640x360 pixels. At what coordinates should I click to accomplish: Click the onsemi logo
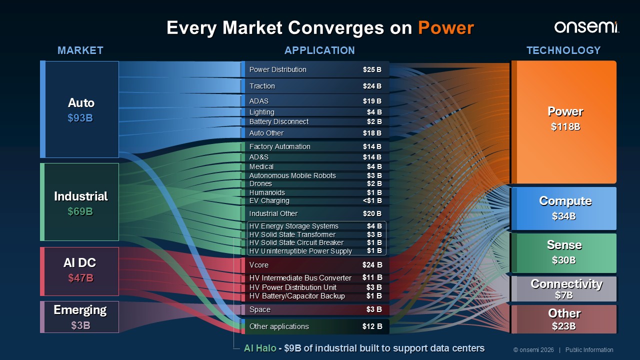586,27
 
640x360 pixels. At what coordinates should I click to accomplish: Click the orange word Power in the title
446,28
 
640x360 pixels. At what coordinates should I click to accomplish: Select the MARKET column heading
80,50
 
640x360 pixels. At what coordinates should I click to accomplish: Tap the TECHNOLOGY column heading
563,50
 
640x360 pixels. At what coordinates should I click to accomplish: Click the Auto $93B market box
79,109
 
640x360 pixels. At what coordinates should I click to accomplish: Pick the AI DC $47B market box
79,271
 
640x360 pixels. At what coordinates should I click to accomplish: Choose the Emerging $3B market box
79,317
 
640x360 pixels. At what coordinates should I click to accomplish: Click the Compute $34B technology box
563,208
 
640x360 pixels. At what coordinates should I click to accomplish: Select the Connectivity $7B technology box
563,288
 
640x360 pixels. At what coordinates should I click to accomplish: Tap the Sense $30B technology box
563,253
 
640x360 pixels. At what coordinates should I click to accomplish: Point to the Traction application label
262,86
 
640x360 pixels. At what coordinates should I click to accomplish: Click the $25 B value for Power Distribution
372,69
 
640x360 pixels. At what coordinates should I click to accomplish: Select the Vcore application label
259,265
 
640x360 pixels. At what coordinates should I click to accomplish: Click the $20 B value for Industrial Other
372,213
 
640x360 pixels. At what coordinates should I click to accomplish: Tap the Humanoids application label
267,192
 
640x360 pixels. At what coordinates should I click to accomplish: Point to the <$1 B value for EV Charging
372,200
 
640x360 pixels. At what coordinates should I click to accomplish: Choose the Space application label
259,309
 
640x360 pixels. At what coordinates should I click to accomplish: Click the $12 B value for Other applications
372,326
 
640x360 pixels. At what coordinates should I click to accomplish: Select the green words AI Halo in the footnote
260,348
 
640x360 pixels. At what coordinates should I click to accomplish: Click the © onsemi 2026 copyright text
533,350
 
